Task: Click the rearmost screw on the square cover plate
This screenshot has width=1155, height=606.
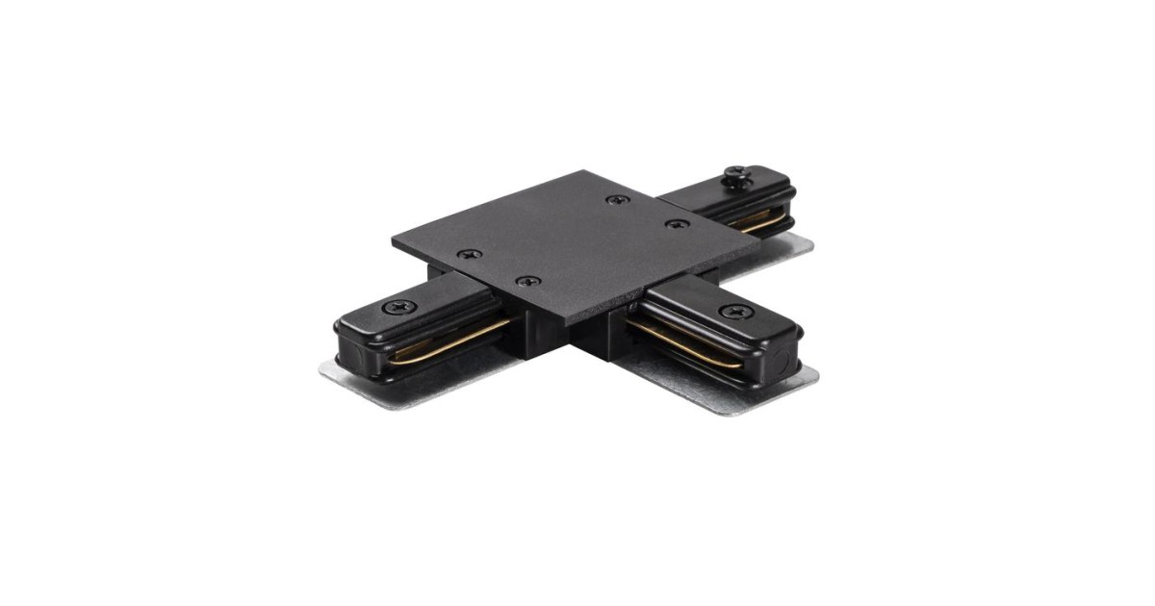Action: pyautogui.click(x=614, y=199)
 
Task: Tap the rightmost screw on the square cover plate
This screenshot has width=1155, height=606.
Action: pyautogui.click(x=678, y=224)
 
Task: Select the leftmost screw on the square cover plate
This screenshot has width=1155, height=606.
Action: pyautogui.click(x=469, y=255)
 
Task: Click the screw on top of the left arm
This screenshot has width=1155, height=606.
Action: pyautogui.click(x=398, y=307)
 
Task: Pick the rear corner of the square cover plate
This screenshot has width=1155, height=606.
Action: pyautogui.click(x=583, y=172)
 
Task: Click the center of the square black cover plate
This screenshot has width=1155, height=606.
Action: pyautogui.click(x=575, y=240)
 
